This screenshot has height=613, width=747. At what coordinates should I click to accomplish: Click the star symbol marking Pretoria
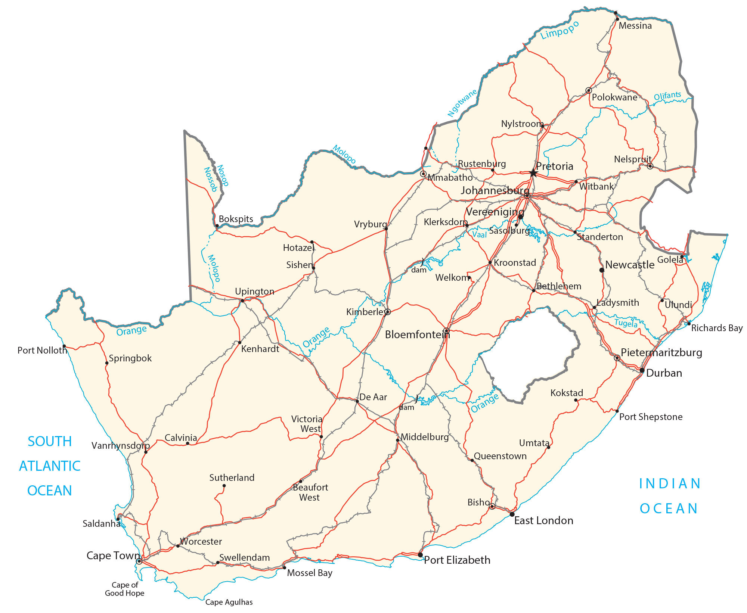click(533, 173)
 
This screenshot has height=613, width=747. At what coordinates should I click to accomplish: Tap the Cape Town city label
click(113, 556)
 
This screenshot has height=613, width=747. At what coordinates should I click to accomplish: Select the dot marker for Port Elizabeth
click(420, 555)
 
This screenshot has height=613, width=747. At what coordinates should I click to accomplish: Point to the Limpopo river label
click(560, 30)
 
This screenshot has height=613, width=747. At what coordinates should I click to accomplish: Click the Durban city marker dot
click(642, 370)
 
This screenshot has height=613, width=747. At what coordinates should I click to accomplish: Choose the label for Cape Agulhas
click(229, 602)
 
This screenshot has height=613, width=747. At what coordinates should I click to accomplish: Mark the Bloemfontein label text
click(417, 334)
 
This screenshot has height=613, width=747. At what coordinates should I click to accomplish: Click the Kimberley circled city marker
click(388, 312)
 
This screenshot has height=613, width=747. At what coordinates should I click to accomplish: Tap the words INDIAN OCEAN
click(669, 496)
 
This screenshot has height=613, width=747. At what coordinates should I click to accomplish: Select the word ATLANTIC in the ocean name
click(50, 466)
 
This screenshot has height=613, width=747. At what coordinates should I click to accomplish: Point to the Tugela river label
click(626, 323)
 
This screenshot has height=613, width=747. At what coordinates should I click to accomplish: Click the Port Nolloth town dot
click(64, 346)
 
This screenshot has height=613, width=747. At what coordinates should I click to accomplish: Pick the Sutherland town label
click(232, 477)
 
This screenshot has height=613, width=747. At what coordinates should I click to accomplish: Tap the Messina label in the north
click(635, 26)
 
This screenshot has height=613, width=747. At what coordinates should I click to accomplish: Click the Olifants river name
click(667, 96)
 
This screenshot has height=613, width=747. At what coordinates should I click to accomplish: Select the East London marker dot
click(512, 514)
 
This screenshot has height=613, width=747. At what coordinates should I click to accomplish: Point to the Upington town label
click(254, 291)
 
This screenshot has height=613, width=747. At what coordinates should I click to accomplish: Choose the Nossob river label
click(211, 180)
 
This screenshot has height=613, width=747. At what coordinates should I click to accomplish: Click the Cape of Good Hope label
click(124, 589)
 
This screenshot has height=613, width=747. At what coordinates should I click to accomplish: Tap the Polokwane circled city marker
click(589, 90)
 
